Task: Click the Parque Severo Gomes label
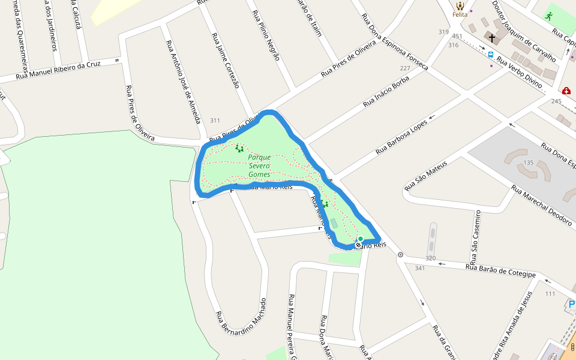pos(259,166)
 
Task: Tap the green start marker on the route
pos(360,239)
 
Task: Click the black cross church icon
pos(492,38)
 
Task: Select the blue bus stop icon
pos(491,55)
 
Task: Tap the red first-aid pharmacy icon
pos(566,91)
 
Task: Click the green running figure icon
pos(548,16)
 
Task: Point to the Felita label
pos(460,14)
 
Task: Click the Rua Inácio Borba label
pos(386,92)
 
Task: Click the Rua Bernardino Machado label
pos(240,317)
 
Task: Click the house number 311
pos(215,121)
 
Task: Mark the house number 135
pos(528,163)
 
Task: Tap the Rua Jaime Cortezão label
pos(226,60)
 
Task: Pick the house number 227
pos(405,68)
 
